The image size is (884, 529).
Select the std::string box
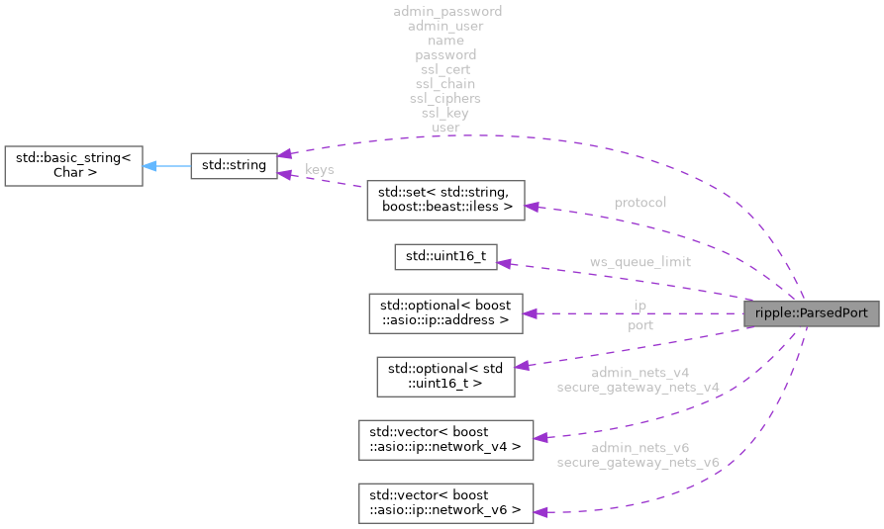tap(233, 165)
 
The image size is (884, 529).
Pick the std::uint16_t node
tap(444, 256)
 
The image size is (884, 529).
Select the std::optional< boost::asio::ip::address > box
tap(444, 312)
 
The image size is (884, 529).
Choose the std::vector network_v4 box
tap(444, 439)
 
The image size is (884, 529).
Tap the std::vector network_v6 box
tap(444, 503)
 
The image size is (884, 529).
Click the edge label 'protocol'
tap(639, 202)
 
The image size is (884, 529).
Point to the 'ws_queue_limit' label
tap(639, 262)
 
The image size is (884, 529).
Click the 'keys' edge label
tap(319, 170)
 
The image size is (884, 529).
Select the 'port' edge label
tap(639, 324)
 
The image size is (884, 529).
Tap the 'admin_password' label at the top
tap(446, 11)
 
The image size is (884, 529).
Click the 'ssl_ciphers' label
tap(444, 99)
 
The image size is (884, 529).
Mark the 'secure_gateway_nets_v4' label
tap(637, 388)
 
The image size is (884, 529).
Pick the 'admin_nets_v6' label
tap(640, 448)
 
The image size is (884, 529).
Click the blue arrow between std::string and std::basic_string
tap(164, 165)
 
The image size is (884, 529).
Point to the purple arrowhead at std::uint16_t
tap(503, 263)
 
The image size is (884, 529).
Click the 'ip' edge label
tap(639, 306)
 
